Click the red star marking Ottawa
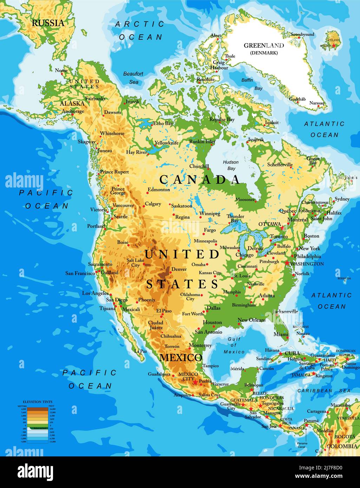(283, 227)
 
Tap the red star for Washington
(287, 263)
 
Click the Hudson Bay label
(231, 165)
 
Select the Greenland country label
(264, 45)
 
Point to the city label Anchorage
(73, 111)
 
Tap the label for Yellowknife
(166, 143)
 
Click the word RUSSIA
(48, 23)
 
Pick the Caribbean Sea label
(324, 390)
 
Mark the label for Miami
(281, 334)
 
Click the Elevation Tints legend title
(38, 401)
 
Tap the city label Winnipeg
(210, 213)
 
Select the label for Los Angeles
(95, 293)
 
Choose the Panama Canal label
(302, 445)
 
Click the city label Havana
(272, 350)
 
